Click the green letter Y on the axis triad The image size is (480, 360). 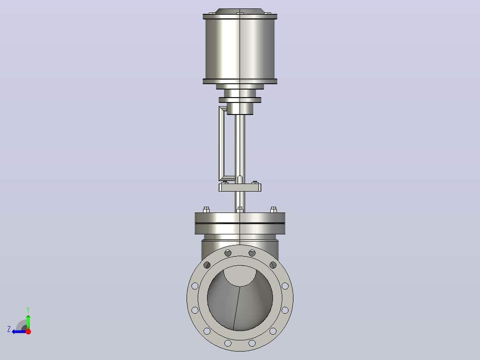[28, 310]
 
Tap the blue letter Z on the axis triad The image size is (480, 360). [9, 329]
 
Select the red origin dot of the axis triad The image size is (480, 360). [28, 331]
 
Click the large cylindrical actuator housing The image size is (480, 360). [240, 49]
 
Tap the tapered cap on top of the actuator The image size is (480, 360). [240, 11]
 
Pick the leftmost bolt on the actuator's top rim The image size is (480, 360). [212, 13]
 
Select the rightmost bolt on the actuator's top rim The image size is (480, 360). [268, 13]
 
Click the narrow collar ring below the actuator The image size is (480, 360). [240, 100]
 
